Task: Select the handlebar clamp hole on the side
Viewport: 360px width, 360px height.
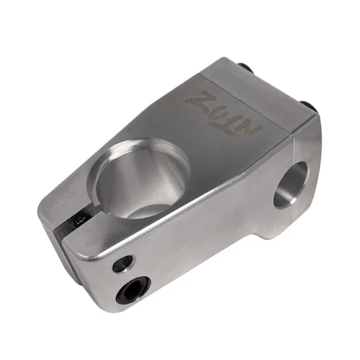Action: (291, 184)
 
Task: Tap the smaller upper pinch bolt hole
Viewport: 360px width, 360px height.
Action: (123, 264)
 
